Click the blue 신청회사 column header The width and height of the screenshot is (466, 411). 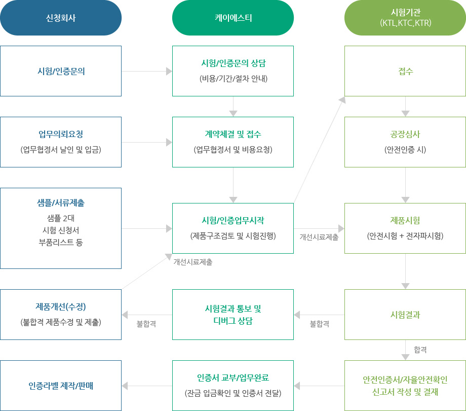(x=61, y=18)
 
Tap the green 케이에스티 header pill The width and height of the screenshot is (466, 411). (x=233, y=18)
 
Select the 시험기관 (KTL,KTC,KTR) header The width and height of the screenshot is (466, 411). (x=405, y=18)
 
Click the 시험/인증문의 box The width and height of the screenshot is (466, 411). (x=61, y=71)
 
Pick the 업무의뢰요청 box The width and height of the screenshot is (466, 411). (x=61, y=142)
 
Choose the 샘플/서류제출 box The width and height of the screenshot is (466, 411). (x=61, y=228)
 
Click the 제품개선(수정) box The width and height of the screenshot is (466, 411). (x=61, y=315)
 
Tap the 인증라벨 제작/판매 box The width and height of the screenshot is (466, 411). (x=61, y=386)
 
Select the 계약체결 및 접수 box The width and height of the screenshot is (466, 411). (x=233, y=142)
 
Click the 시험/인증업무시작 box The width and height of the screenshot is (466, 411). (x=233, y=228)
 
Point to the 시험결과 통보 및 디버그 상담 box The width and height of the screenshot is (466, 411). (x=233, y=315)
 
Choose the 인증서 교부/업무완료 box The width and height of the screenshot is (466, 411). (x=233, y=386)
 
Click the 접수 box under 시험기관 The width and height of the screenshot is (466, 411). (x=405, y=71)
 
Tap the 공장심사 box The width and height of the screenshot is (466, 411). (x=405, y=142)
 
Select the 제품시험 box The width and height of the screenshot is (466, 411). (x=405, y=228)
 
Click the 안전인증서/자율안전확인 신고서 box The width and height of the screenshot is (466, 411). (x=405, y=386)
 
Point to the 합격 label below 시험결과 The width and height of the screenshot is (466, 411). (x=420, y=350)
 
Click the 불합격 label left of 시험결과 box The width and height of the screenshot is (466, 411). (x=320, y=324)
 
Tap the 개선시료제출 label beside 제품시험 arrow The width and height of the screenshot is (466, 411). (x=319, y=237)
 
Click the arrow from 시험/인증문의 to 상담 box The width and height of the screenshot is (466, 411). (x=147, y=72)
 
